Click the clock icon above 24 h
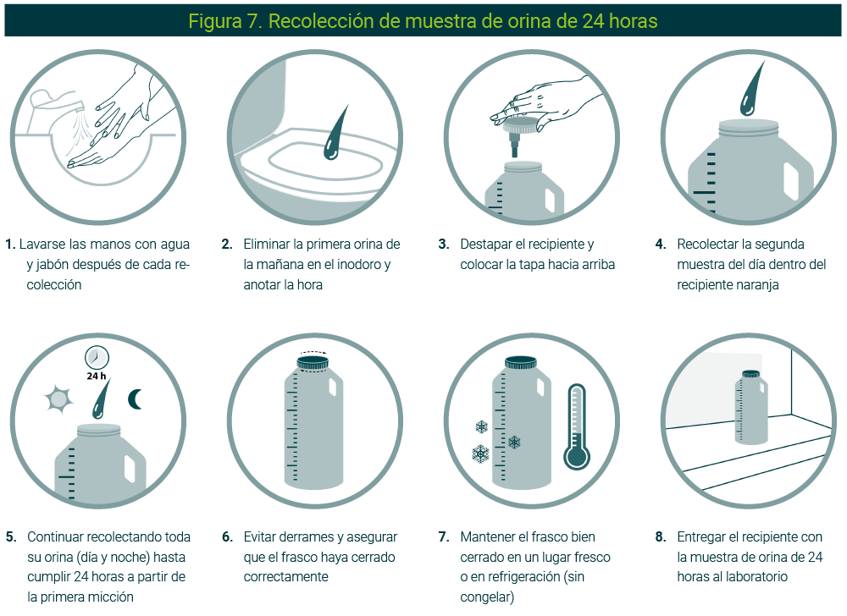pyautogui.click(x=97, y=357)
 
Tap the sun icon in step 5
pyautogui.click(x=58, y=399)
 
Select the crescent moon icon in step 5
pyautogui.click(x=135, y=399)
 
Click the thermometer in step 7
pyautogui.click(x=577, y=427)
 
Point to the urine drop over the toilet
pyautogui.click(x=335, y=134)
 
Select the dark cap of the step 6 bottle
pyautogui.click(x=313, y=362)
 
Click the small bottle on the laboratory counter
pyautogui.click(x=750, y=407)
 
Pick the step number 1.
pyautogui.click(x=10, y=245)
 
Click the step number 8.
pyautogui.click(x=660, y=537)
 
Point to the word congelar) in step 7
pyautogui.click(x=487, y=597)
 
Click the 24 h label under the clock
pyautogui.click(x=97, y=376)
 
